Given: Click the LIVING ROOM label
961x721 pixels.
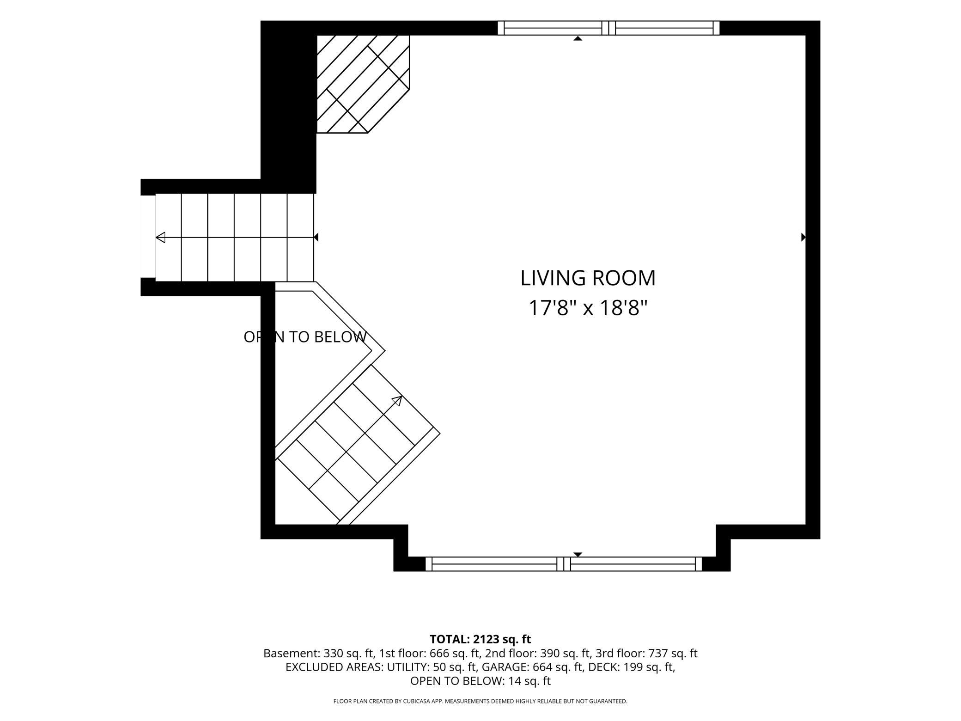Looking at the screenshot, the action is (588, 278).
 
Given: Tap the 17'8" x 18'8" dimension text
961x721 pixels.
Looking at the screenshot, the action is (588, 308).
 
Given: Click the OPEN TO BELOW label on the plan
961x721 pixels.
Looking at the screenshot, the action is (305, 337).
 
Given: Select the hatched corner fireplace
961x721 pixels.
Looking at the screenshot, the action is (363, 84).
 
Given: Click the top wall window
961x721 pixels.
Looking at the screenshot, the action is (608, 28).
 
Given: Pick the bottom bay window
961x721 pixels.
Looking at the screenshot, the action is (564, 564).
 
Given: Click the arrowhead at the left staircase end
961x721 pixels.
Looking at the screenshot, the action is (160, 238).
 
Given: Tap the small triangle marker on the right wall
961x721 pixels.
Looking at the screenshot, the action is (803, 237).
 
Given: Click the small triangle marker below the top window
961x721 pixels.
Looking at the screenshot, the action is (578, 38).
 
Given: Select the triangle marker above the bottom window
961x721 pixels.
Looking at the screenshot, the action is (578, 555).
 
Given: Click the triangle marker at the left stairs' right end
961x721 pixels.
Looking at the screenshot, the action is (316, 237).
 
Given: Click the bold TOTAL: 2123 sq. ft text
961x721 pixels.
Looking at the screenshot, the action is (480, 639).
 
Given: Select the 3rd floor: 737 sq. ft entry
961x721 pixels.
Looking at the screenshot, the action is (646, 654).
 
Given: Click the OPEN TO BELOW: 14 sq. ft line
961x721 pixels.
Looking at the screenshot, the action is (480, 681).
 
